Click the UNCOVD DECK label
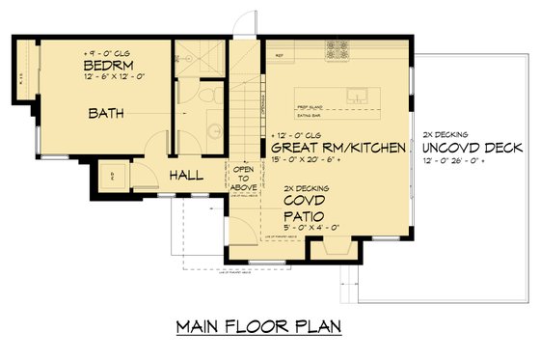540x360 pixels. (472, 148)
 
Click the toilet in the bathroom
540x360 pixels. (211, 96)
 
